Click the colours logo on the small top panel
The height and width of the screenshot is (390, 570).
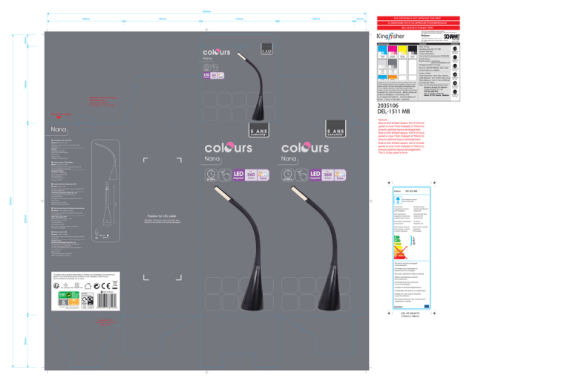point(220,53)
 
